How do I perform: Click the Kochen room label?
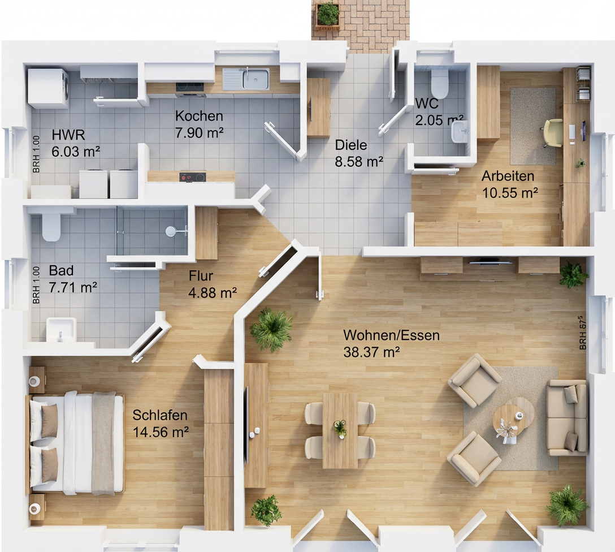point(199,116)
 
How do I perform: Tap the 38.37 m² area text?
point(371,352)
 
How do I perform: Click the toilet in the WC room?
point(439,84)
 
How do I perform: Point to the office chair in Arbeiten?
point(553,133)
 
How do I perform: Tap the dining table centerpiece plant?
point(340,428)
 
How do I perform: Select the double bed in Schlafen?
point(76,442)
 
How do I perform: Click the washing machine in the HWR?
point(48,89)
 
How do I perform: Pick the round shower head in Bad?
point(171,231)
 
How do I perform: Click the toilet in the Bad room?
point(51,226)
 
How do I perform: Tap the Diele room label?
point(350,145)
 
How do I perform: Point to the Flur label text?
point(201,276)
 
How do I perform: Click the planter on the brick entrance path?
point(327,15)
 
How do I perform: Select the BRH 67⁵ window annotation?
point(582,333)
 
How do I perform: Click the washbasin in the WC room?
point(460,131)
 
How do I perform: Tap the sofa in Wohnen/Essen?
point(567,417)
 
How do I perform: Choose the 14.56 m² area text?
point(161,432)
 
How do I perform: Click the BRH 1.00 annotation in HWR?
point(36,154)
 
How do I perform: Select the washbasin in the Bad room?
point(61,330)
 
